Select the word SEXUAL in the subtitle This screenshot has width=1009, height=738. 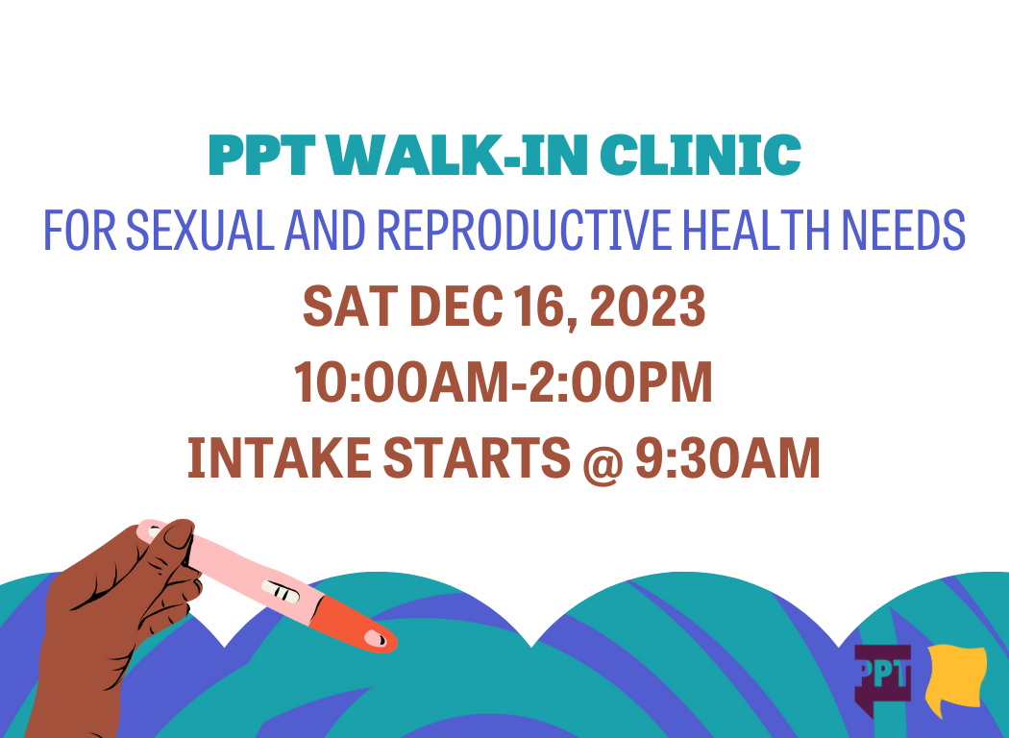point(190,231)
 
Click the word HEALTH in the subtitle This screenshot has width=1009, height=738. point(759,231)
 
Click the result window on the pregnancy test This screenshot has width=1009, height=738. point(283,594)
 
